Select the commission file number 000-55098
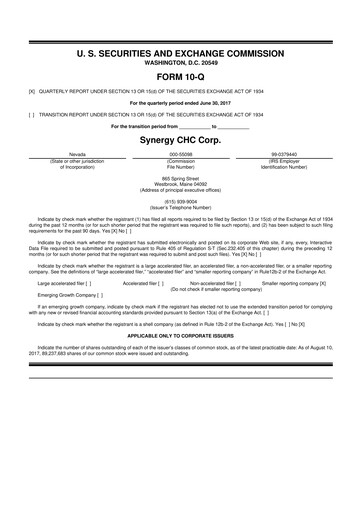click(x=181, y=155)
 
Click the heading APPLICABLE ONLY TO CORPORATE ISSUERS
click(x=181, y=337)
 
